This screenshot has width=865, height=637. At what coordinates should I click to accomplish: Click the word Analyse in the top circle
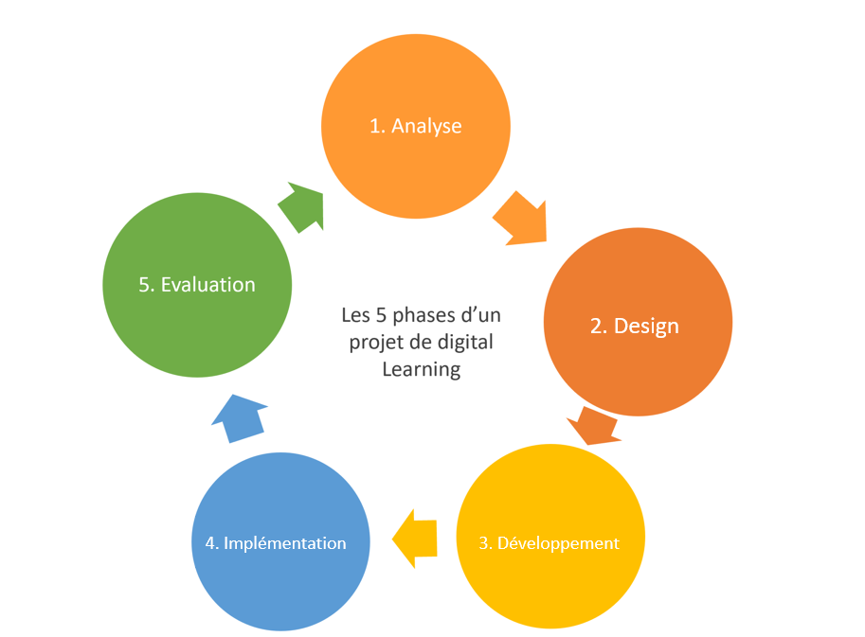pyautogui.click(x=426, y=126)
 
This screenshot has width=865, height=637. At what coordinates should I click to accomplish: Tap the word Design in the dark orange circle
pyautogui.click(x=647, y=327)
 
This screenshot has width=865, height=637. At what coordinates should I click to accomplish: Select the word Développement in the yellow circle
pyautogui.click(x=559, y=543)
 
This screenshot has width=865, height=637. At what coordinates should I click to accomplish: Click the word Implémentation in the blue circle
pyautogui.click(x=284, y=543)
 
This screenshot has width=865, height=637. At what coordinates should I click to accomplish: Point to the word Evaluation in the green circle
pyautogui.click(x=208, y=285)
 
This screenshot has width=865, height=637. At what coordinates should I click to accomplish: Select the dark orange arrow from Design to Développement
pyautogui.click(x=595, y=426)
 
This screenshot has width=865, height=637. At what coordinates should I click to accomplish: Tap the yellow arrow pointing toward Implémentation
pyautogui.click(x=414, y=539)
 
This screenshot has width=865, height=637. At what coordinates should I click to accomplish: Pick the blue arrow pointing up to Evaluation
pyautogui.click(x=239, y=417)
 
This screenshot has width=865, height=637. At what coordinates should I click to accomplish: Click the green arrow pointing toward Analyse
pyautogui.click(x=302, y=206)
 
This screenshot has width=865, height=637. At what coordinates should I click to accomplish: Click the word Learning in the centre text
pyautogui.click(x=421, y=369)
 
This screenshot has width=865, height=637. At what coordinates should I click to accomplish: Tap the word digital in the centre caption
pyautogui.click(x=466, y=342)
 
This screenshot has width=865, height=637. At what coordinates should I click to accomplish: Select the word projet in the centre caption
pyautogui.click(x=373, y=342)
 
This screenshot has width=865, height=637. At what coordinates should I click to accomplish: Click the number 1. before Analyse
pyautogui.click(x=377, y=126)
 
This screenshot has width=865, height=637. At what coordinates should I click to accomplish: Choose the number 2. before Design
pyautogui.click(x=599, y=327)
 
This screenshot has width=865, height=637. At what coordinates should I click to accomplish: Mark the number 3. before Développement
pyautogui.click(x=485, y=543)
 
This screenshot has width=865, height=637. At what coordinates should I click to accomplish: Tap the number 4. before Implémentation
pyautogui.click(x=212, y=543)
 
